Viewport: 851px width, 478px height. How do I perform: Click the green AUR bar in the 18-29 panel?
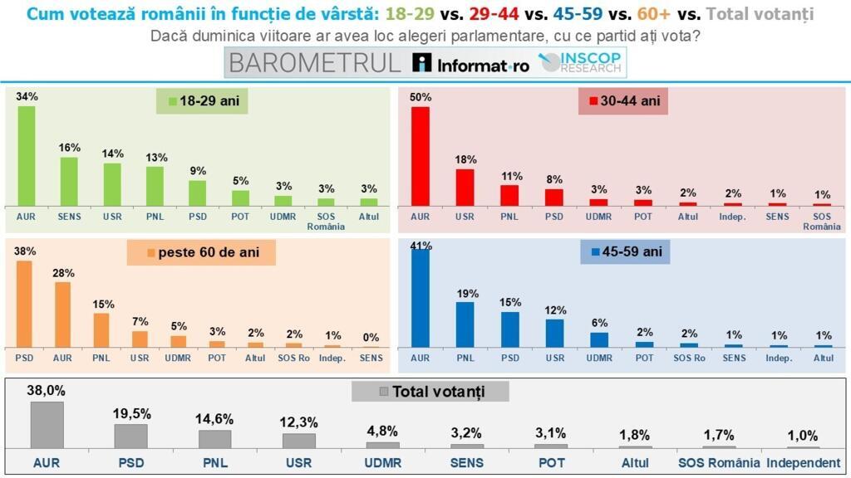coord(27,156)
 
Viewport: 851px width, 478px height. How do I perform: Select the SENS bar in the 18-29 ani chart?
coord(69,182)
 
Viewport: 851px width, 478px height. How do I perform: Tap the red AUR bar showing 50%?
coord(421,156)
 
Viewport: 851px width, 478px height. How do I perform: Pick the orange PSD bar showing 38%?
coord(24,304)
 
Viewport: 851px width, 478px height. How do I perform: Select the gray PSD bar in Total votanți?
coord(130,437)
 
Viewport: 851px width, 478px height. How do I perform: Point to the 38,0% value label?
coord(47,390)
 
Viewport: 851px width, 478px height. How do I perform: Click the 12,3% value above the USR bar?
coord(298,422)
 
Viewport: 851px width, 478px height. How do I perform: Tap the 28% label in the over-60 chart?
coord(63,272)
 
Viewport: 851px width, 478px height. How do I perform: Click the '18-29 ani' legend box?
coord(204,101)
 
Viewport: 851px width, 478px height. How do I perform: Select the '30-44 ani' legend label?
coord(623,101)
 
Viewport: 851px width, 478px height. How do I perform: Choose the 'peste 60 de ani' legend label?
coord(200,252)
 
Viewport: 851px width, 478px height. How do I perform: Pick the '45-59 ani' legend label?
coord(624,251)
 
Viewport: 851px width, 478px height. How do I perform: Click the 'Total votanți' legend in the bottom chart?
coord(430,391)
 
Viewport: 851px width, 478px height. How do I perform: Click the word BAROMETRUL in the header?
coord(315,63)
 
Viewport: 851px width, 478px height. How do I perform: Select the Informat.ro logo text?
coord(472,65)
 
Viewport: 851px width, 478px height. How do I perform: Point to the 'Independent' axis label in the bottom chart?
coord(803,463)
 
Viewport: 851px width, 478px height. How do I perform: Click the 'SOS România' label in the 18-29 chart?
coord(326,221)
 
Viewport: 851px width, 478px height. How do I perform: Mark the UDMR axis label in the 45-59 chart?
coord(598,358)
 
